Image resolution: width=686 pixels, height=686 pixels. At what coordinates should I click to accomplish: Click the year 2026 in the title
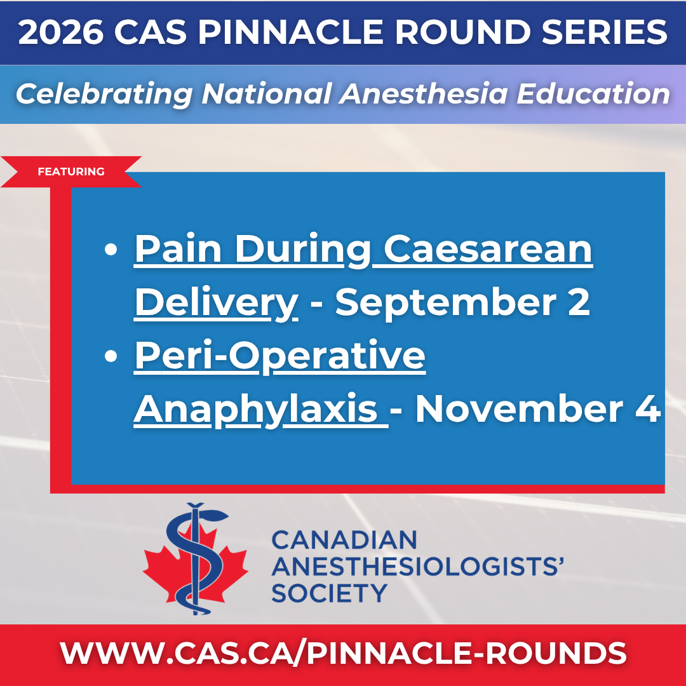[61, 32]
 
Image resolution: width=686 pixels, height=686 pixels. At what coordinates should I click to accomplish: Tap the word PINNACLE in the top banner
[290, 32]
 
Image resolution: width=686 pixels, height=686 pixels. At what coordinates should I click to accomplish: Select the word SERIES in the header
[604, 32]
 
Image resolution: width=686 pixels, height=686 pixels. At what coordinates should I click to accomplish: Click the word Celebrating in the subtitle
[104, 94]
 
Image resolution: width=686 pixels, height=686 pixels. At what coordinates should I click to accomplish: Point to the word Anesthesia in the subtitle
[423, 93]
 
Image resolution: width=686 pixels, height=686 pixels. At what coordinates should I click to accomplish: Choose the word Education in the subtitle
[593, 93]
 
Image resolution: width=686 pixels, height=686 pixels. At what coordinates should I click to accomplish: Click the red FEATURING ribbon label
[71, 171]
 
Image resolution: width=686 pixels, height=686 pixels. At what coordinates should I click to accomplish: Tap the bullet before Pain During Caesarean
[111, 250]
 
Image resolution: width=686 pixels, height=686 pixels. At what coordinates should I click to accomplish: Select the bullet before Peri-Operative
[111, 356]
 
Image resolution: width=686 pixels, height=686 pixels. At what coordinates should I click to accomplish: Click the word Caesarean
[488, 249]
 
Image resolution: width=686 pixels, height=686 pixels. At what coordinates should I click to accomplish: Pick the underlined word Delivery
[217, 303]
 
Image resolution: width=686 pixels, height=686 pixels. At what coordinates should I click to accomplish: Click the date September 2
[462, 303]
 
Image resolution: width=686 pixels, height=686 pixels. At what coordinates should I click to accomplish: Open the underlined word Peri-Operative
[280, 356]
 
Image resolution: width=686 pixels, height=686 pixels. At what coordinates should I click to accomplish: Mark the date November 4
[538, 408]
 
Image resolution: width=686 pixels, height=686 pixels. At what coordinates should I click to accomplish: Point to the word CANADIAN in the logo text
[344, 540]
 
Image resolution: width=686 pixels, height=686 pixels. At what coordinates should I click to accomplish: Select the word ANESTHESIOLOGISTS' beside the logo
[417, 567]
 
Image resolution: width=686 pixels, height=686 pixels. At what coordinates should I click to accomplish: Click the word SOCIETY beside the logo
[330, 593]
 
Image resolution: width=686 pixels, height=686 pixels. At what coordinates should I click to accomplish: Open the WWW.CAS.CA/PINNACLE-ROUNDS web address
[343, 653]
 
